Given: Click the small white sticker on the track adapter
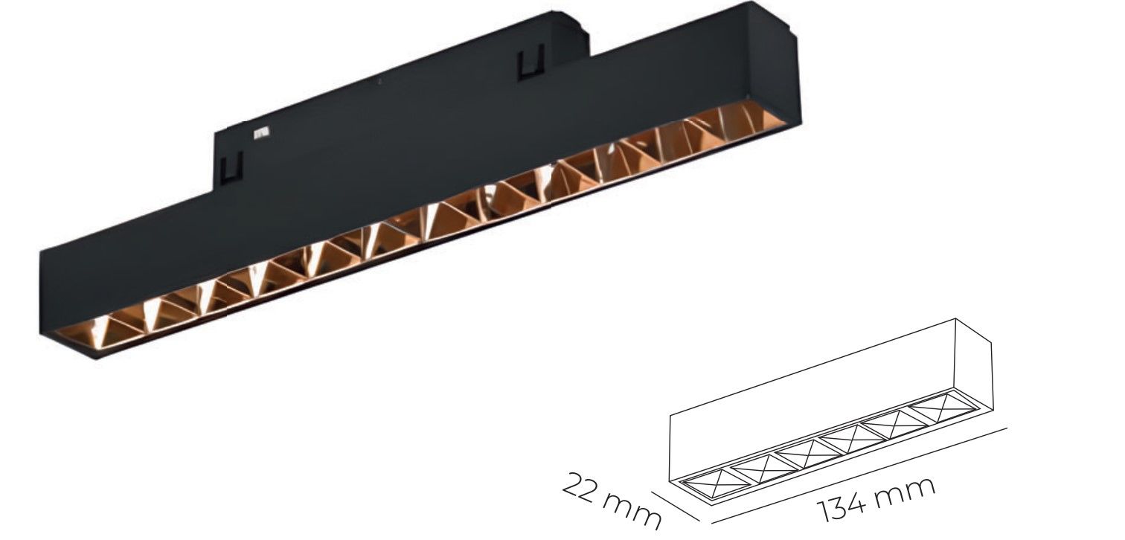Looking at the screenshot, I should click(x=260, y=135).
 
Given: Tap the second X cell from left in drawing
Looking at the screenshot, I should click(x=755, y=466).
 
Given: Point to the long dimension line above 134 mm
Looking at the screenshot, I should click(x=856, y=475).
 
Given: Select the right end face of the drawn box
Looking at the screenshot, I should click(x=972, y=364).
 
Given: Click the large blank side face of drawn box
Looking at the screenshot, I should click(x=811, y=402).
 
